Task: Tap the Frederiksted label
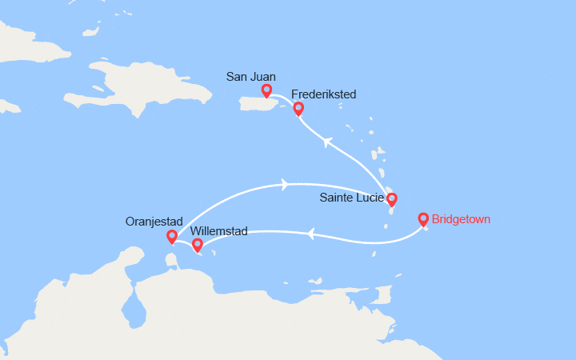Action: point(324,94)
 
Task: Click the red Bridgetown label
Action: point(461,218)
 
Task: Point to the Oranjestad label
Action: point(154,222)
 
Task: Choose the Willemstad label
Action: point(220,231)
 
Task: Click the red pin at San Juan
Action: point(266,91)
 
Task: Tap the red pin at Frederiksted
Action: point(298,109)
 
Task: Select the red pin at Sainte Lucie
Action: point(391,199)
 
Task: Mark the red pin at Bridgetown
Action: point(423,218)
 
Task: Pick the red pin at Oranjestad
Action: point(171,237)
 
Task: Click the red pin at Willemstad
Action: point(198,245)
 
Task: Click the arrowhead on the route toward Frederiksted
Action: point(327,142)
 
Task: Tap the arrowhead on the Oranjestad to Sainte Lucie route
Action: point(286,185)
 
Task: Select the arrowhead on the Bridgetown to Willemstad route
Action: point(310,234)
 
